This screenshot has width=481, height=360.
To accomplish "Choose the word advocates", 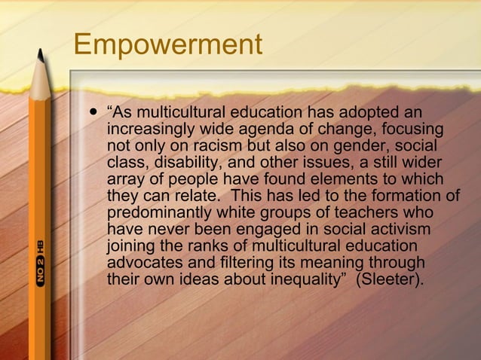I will (x=143, y=263).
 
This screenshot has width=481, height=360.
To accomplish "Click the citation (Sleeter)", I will (x=391, y=279).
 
